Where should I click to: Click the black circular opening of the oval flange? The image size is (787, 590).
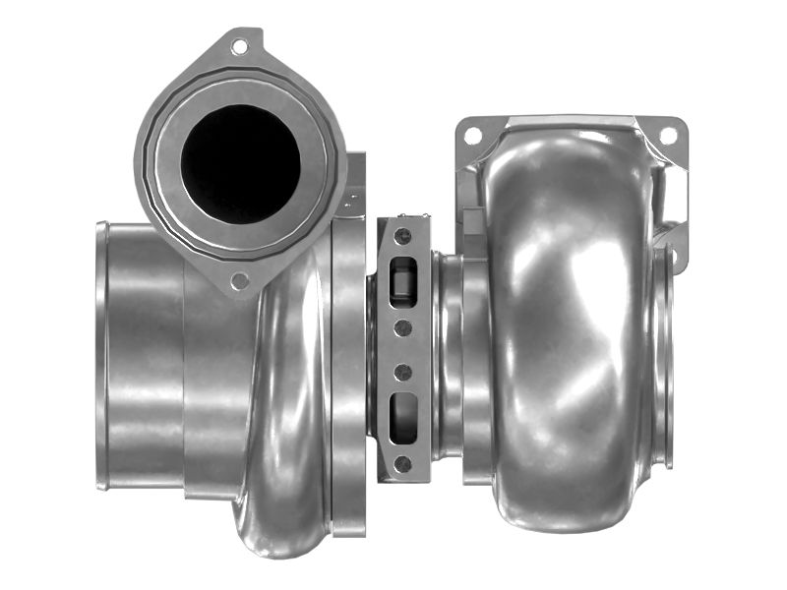[x=241, y=161]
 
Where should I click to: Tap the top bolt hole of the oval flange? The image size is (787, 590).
[x=240, y=45]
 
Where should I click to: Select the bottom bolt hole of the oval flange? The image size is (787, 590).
[x=239, y=281]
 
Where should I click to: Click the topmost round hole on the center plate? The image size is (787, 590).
[x=402, y=236]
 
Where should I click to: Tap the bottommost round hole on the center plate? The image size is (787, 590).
[x=402, y=462]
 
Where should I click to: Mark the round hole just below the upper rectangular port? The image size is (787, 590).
[x=402, y=326]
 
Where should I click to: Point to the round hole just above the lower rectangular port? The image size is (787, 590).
[x=402, y=372]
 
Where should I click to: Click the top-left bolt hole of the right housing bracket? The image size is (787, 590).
[x=472, y=136]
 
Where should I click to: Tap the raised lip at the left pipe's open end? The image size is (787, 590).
[x=101, y=354]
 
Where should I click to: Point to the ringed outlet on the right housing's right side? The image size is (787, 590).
[x=665, y=354]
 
